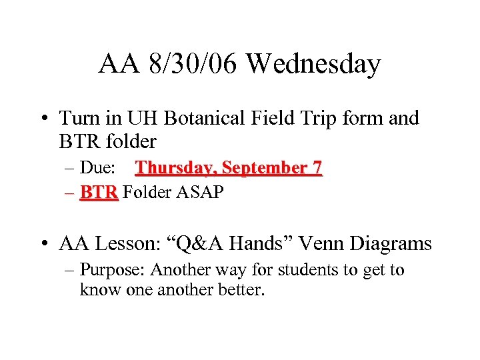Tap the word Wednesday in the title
(x=313, y=65)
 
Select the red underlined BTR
(x=99, y=193)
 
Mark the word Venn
(x=312, y=244)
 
